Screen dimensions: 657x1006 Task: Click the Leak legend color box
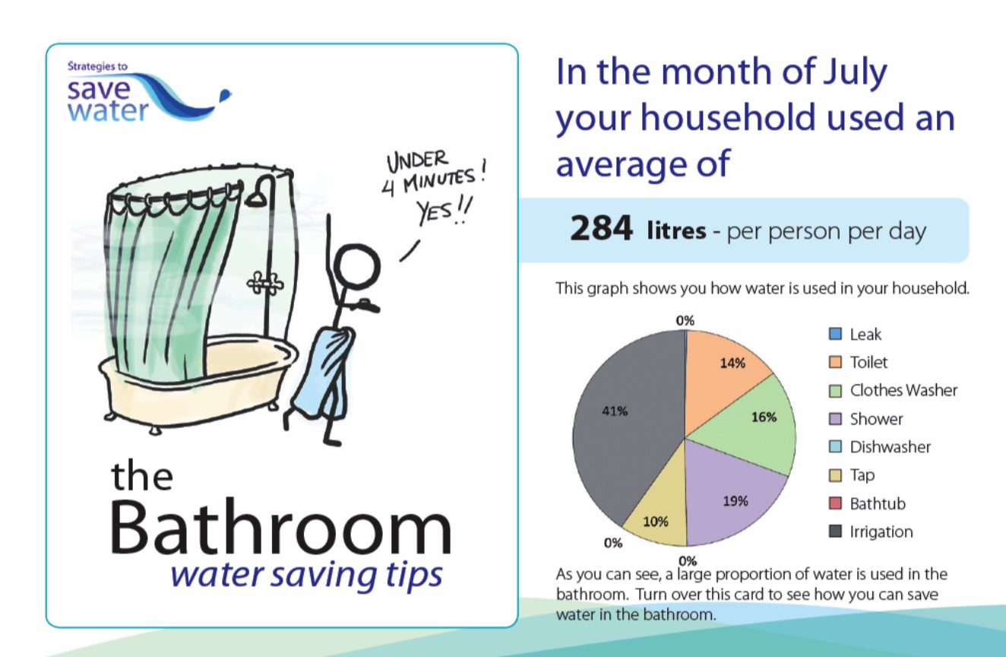(835, 334)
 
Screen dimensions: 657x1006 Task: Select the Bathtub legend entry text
(878, 503)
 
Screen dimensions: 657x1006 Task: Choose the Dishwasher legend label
(890, 447)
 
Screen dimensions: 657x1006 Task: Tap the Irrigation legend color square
(835, 532)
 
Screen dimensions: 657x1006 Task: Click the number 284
(601, 230)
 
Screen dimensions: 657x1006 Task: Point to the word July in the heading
(849, 72)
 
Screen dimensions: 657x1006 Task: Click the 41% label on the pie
(615, 411)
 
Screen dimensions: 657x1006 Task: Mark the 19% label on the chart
(736, 501)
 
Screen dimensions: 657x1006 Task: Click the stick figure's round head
(357, 265)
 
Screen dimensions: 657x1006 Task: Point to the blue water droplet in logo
(224, 95)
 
